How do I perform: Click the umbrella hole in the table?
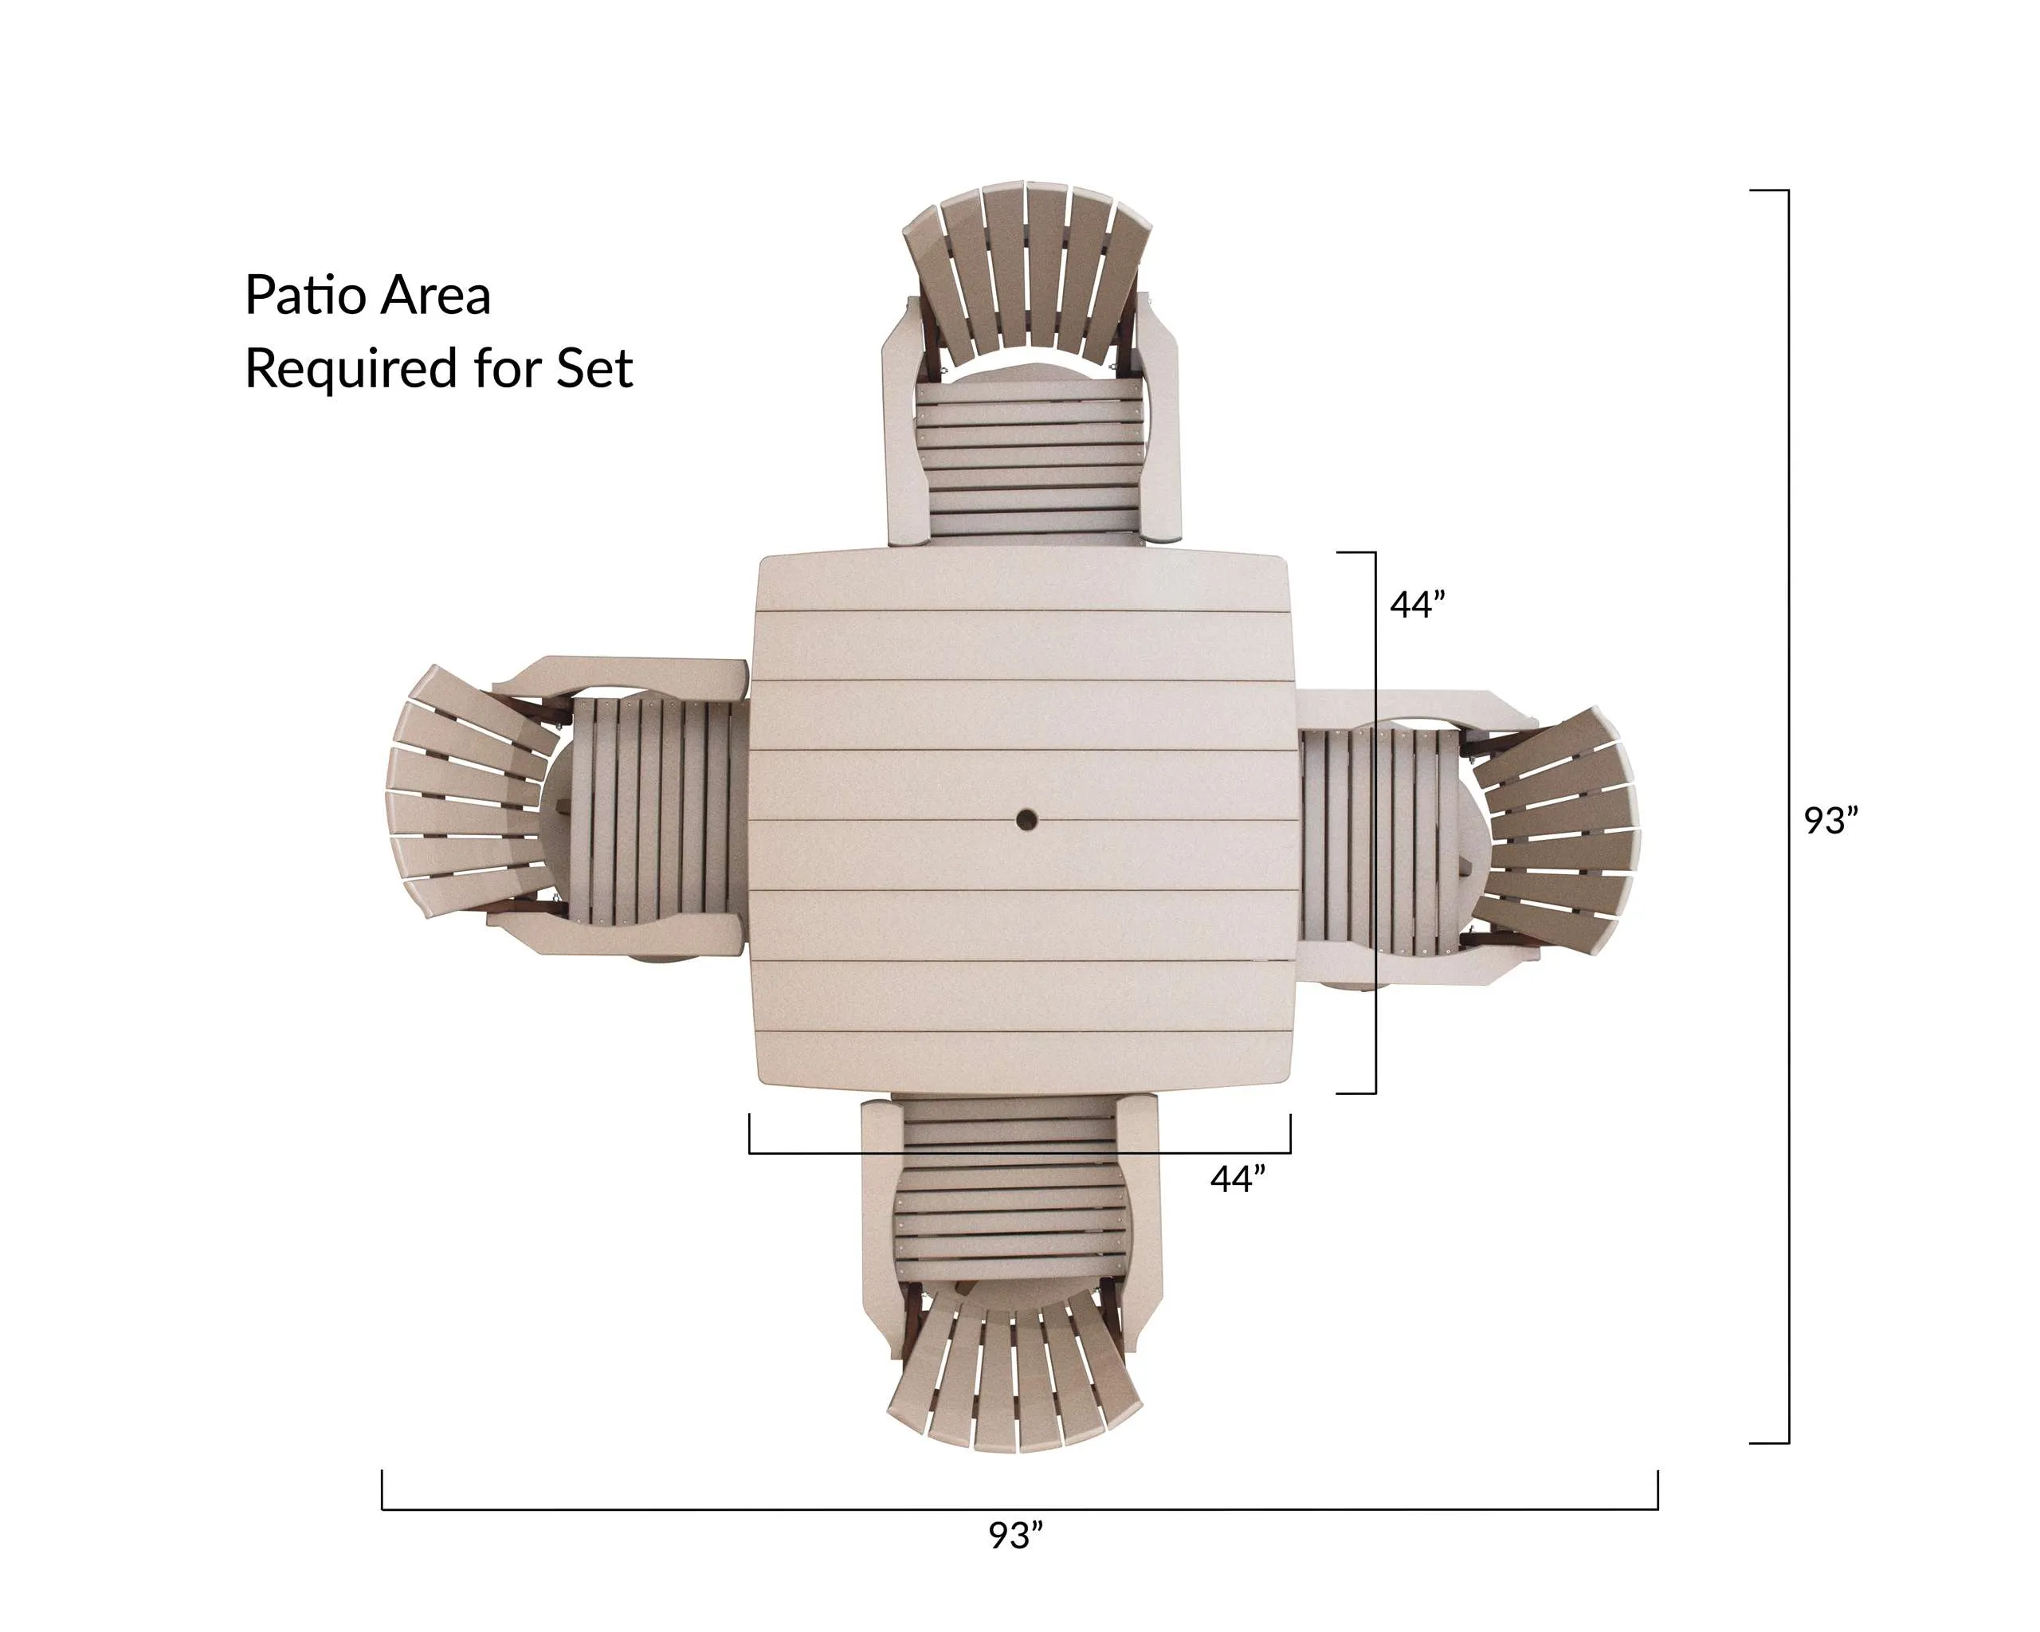pos(1026,819)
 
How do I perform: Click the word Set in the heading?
pos(594,368)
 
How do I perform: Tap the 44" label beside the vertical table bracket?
pos(1418,605)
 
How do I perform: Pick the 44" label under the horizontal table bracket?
pos(1238,1179)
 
